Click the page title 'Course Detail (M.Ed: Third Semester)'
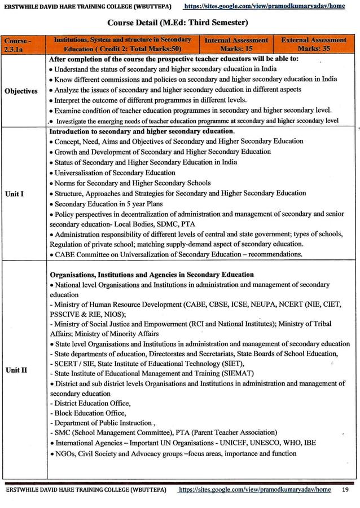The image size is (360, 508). [x=177, y=23]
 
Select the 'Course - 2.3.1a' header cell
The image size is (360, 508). [x=17, y=45]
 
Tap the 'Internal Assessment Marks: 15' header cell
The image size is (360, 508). [x=236, y=45]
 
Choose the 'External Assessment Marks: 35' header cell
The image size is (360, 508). [x=314, y=45]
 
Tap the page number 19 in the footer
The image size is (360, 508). [x=345, y=490]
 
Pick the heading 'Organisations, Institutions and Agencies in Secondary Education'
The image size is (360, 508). [x=152, y=275]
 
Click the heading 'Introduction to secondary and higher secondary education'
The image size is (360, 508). [x=142, y=131]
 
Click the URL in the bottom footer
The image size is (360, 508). [x=254, y=490]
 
